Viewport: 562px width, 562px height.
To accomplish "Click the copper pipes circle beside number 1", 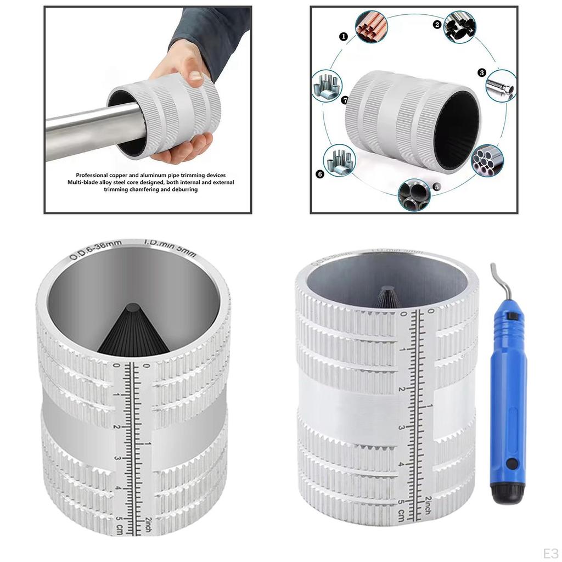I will (371, 27).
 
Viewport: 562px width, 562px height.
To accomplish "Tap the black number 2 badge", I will (437, 24).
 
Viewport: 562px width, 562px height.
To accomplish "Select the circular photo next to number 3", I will (501, 86).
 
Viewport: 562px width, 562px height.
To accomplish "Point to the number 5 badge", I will (436, 187).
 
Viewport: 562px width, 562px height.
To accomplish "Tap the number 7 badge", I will (344, 100).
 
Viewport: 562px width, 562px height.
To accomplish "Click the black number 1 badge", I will (344, 36).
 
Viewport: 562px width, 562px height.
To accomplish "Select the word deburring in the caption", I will (185, 189).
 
